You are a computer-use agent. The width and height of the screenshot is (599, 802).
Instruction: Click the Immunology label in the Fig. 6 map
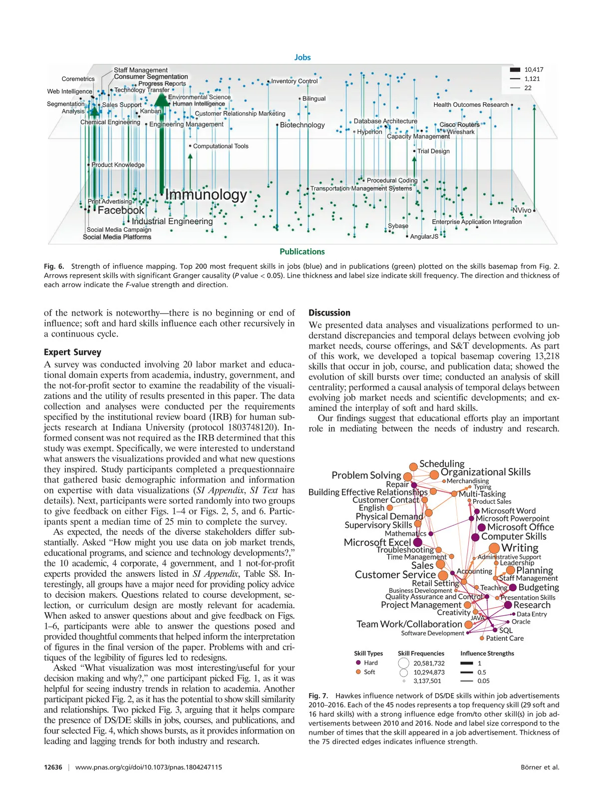pyautogui.click(x=206, y=195)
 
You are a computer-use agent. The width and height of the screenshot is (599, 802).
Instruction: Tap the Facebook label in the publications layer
pyautogui.click(x=121, y=210)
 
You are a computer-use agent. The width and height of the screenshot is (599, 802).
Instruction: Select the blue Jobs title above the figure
pyautogui.click(x=302, y=57)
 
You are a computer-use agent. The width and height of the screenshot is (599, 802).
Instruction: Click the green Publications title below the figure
pyautogui.click(x=302, y=252)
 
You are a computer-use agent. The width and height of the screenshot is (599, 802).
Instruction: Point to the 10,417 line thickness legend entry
pyautogui.click(x=534, y=70)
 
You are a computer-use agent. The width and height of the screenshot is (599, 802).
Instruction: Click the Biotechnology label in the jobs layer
pyautogui.click(x=302, y=125)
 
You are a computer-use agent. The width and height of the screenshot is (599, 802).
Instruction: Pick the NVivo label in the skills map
pyautogui.click(x=522, y=210)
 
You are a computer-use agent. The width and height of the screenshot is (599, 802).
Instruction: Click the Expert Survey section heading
pyautogui.click(x=72, y=352)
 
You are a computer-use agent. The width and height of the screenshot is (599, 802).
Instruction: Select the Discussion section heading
pyautogui.click(x=329, y=313)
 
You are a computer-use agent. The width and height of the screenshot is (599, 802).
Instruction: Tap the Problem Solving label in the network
pyautogui.click(x=366, y=475)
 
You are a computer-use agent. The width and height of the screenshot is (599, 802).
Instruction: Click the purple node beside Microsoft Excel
pyautogui.click(x=418, y=542)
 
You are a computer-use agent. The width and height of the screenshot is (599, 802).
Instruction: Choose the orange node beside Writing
pyautogui.click(x=494, y=548)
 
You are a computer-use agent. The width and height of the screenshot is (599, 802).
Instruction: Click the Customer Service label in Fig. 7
pyautogui.click(x=395, y=575)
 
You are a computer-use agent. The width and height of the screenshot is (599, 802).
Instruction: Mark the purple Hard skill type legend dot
pyautogui.click(x=358, y=663)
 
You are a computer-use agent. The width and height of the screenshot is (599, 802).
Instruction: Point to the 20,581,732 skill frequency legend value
pyautogui.click(x=429, y=663)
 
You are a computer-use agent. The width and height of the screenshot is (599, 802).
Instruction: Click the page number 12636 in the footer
pyautogui.click(x=53, y=767)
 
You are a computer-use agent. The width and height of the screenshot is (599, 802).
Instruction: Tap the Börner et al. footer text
pyautogui.click(x=540, y=767)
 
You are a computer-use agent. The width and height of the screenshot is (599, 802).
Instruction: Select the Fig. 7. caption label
pyautogui.click(x=318, y=696)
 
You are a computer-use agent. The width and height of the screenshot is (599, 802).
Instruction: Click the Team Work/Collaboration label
pyautogui.click(x=409, y=624)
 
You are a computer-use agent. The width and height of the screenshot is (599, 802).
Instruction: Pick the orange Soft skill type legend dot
pyautogui.click(x=358, y=672)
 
